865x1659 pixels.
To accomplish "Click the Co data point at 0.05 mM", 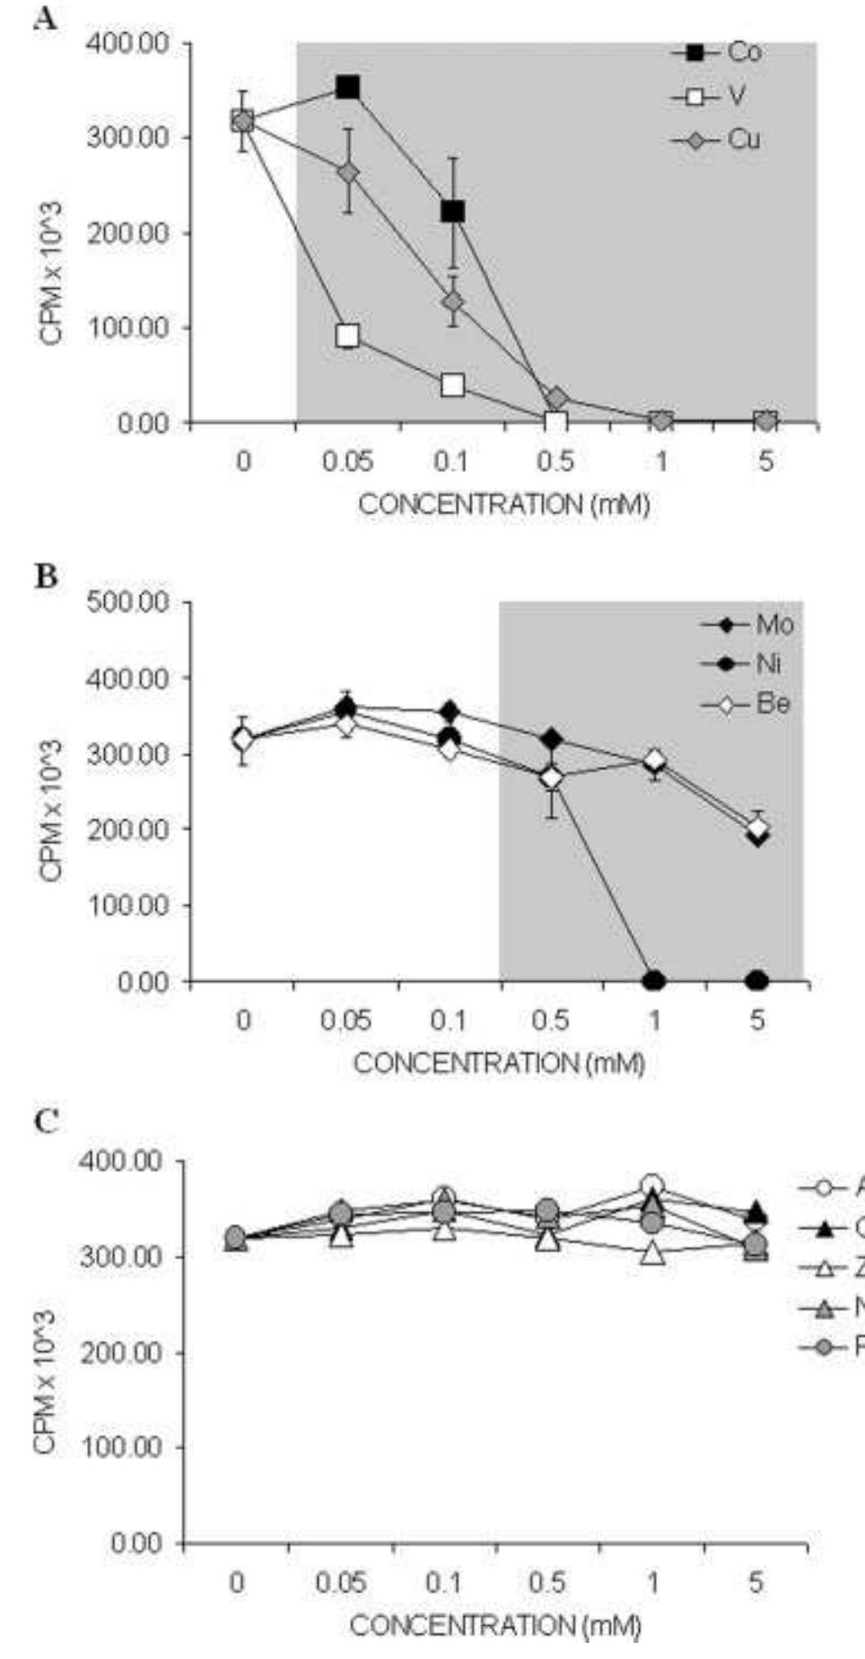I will pos(347,87).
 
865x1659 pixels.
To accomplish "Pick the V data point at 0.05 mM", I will pos(347,336).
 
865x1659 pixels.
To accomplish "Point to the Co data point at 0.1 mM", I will pos(452,212).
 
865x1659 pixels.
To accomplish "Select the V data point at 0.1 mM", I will pos(452,385).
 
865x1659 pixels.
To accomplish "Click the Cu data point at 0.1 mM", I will pos(453,302).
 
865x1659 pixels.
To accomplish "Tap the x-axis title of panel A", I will pos(503,505).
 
